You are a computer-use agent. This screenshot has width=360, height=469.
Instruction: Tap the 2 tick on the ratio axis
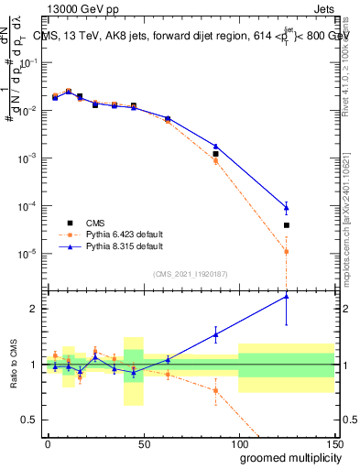click(x=36, y=309)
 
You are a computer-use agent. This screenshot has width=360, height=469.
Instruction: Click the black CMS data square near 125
click(x=287, y=224)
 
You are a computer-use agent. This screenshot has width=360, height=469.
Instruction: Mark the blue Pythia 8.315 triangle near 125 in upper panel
click(x=287, y=206)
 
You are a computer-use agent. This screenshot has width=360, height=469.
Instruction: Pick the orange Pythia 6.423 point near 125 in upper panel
click(x=287, y=251)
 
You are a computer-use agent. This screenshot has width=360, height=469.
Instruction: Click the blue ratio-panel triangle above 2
click(x=287, y=295)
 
